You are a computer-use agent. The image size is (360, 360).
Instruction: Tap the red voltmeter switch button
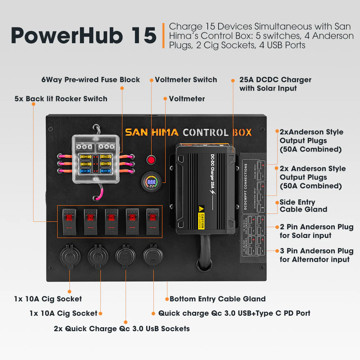coord(151,159)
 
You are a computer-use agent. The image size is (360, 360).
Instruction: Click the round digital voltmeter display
coord(151,182)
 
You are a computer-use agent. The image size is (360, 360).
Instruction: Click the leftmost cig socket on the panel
coord(69,256)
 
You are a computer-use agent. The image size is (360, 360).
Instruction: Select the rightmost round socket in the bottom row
coord(153,256)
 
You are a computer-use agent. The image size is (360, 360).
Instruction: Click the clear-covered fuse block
coord(95,160)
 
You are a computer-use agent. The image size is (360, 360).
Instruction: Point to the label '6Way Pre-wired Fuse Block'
coord(91,80)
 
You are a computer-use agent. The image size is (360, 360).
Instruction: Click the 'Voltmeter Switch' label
coord(186,80)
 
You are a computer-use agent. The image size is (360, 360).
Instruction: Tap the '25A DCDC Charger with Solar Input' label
coord(275,84)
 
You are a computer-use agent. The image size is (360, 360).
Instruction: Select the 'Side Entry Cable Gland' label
coord(303,206)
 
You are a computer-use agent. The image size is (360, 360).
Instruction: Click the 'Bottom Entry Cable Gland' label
coord(217,299)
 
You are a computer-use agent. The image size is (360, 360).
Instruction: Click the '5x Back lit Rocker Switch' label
coord(61,99)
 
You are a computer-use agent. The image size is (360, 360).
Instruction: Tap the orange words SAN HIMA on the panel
coord(152,132)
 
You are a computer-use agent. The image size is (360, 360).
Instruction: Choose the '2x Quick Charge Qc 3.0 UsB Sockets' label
coord(122,329)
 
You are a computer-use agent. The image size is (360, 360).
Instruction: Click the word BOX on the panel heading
coord(242,132)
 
